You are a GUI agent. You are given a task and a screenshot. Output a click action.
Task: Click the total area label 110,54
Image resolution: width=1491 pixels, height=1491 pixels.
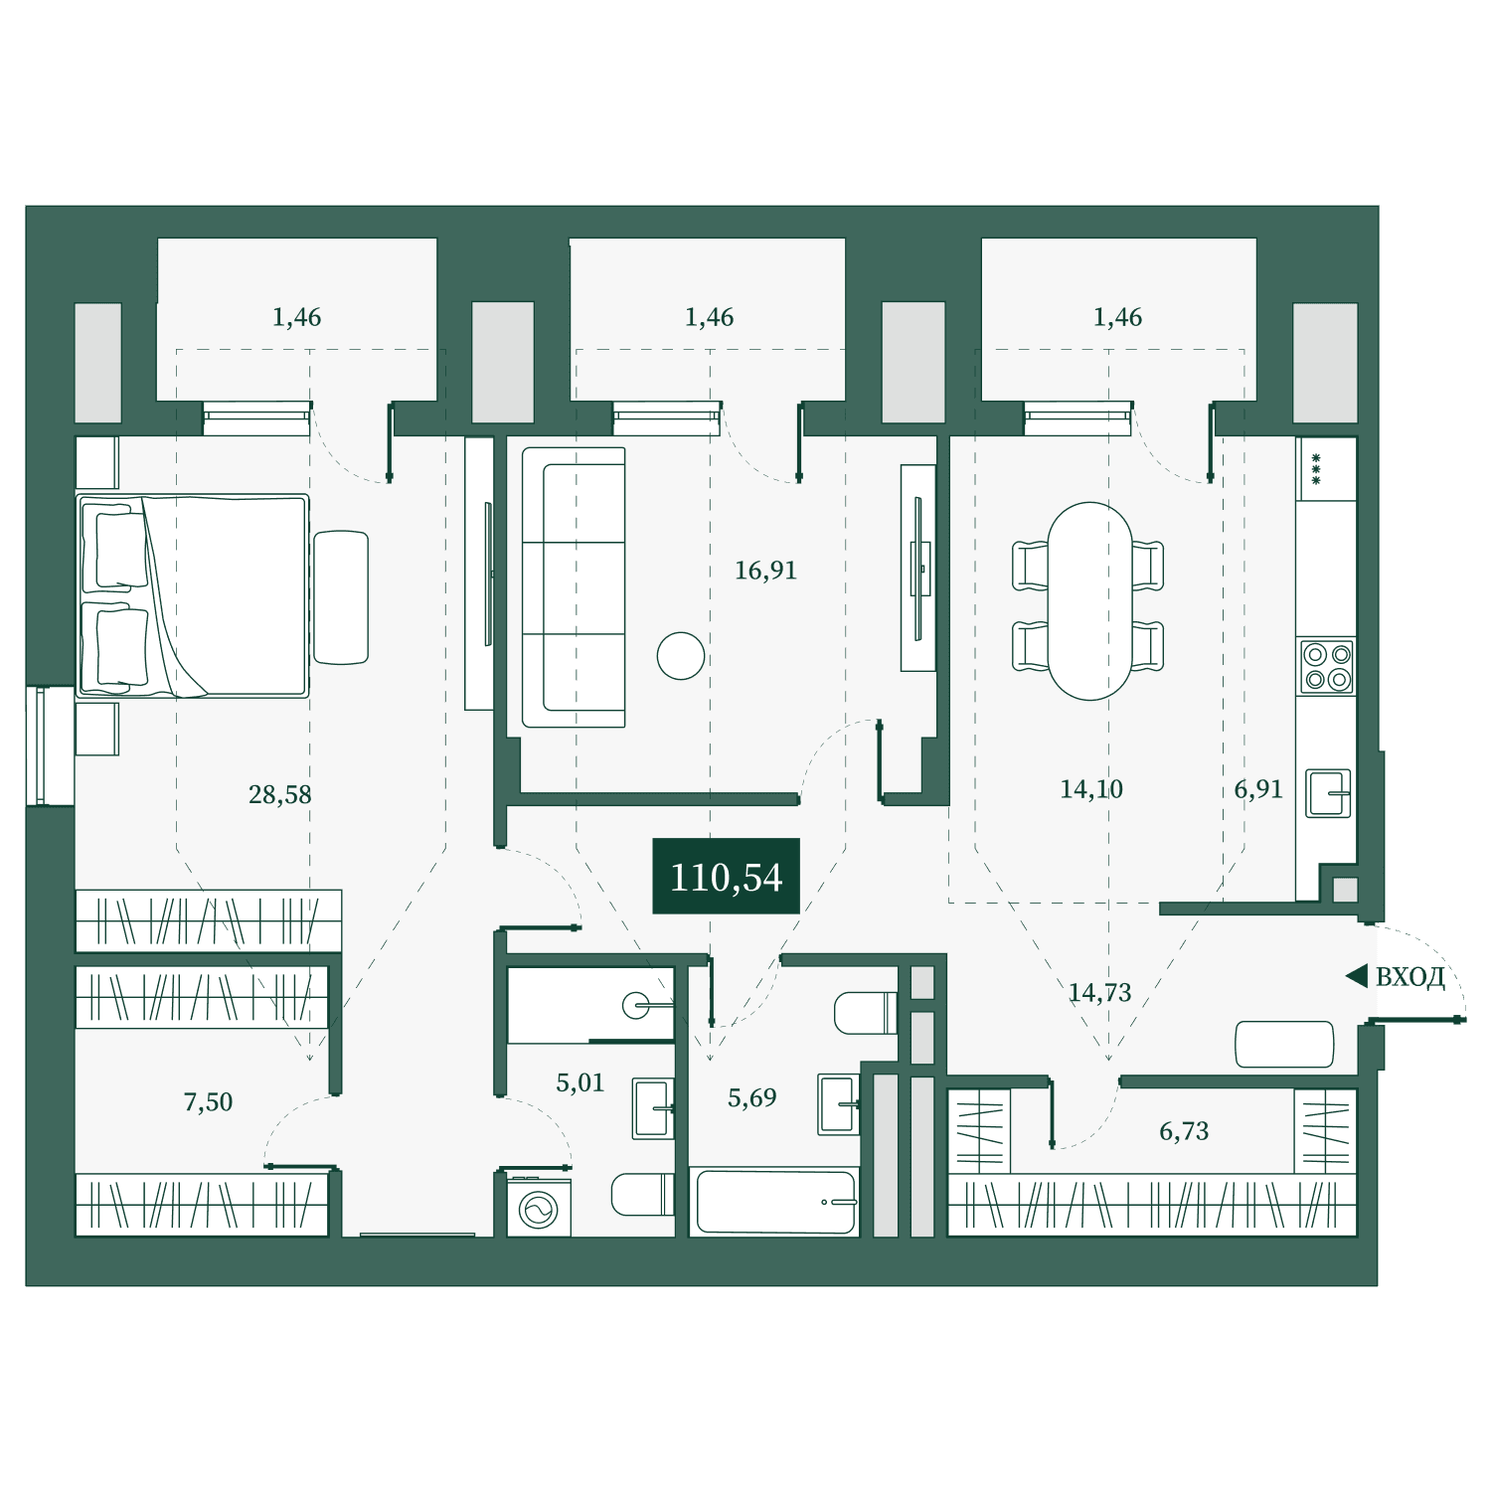coord(726,878)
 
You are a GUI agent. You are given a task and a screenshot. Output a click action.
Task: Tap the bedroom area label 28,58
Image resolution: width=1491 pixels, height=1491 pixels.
coord(279,794)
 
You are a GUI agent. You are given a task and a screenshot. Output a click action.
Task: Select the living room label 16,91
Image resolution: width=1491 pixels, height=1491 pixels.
coord(765,571)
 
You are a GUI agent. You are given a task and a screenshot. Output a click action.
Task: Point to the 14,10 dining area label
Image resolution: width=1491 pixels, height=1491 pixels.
coord(1091,789)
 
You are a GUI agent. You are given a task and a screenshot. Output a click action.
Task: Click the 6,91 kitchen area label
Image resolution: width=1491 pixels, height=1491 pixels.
coord(1258,789)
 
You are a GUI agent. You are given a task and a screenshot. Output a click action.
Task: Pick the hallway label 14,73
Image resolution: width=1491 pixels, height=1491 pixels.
coord(1099,992)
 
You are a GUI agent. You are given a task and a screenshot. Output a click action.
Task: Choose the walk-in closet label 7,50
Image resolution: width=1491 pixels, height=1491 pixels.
coord(208,1101)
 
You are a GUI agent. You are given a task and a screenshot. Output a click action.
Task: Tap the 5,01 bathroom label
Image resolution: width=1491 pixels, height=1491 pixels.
coord(580,1082)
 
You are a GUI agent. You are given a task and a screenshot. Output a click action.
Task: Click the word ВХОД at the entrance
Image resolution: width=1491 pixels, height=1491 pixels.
coord(1409,978)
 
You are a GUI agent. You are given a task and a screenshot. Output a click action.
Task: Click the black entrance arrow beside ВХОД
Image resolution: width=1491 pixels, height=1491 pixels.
coord(1357,977)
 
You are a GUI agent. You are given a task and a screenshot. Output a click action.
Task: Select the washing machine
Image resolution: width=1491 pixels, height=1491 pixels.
coord(539,1208)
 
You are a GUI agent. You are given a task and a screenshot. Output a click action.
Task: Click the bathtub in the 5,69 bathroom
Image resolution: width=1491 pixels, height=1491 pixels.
coord(773,1202)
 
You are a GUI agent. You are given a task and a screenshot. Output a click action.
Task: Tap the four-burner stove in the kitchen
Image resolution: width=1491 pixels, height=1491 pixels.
coord(1327,667)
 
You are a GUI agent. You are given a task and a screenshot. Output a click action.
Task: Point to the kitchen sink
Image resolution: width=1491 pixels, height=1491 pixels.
coord(1328,793)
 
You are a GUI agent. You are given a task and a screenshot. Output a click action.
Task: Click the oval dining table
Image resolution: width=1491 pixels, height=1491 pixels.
coord(1089,600)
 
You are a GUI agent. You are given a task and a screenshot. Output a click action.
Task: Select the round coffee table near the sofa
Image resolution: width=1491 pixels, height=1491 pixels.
coord(681,656)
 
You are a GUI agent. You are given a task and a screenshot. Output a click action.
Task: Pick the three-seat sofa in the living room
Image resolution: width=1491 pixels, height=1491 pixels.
coord(574,587)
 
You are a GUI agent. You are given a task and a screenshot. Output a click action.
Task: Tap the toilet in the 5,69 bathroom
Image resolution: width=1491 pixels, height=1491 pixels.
coord(866,1013)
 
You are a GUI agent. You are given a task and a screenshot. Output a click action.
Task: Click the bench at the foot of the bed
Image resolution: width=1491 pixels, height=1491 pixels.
coord(341,597)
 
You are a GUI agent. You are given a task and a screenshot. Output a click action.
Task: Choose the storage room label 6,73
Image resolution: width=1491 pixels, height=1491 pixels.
coord(1184,1131)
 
